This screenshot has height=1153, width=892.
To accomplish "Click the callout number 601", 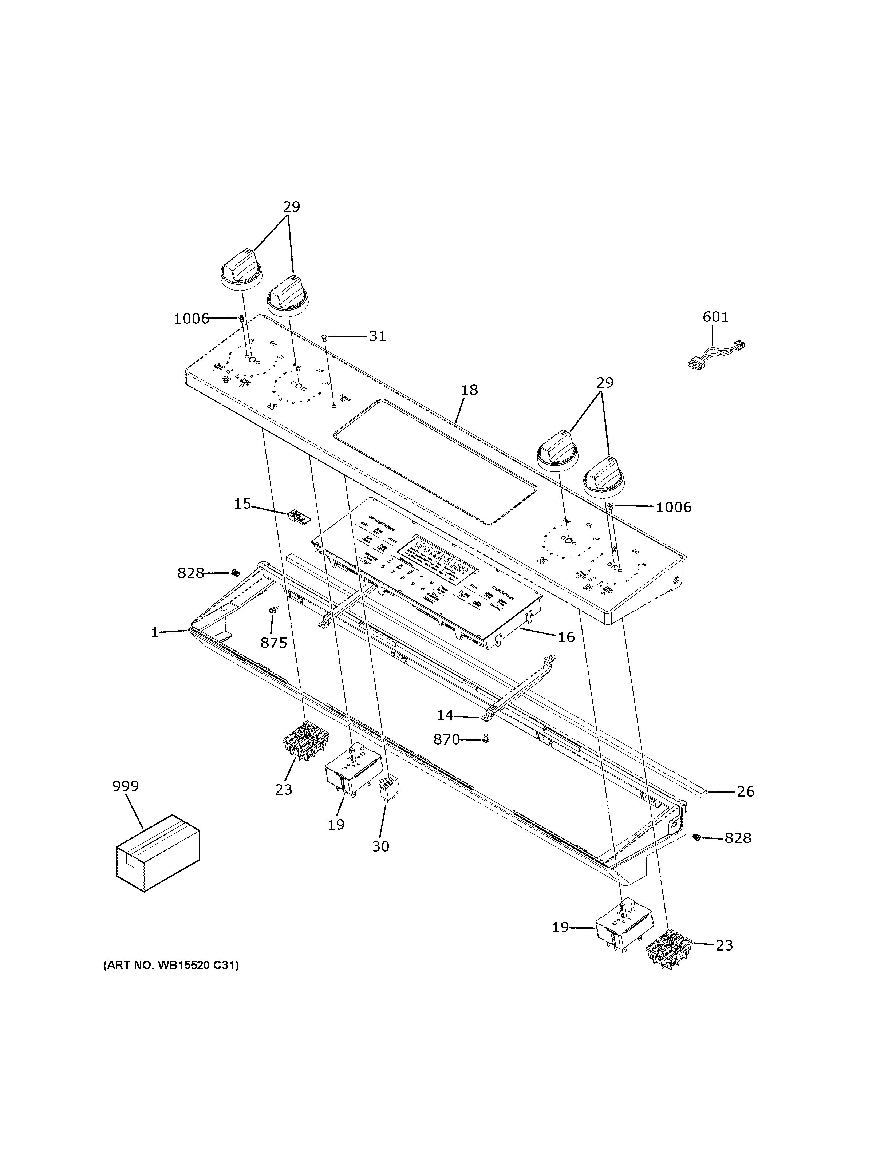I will tap(715, 317).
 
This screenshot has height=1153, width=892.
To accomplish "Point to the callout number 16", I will tap(566, 637).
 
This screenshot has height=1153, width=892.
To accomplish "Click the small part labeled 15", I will tap(298, 516).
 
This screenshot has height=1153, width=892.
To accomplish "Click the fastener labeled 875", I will tap(273, 610).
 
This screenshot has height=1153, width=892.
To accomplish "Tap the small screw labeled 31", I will tap(325, 337).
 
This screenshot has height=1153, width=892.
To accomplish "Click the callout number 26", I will tap(745, 806).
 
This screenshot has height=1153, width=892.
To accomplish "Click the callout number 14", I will tap(445, 715).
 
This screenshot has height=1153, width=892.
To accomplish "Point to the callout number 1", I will tap(155, 632).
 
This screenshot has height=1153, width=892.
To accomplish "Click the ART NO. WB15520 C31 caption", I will tap(170, 966).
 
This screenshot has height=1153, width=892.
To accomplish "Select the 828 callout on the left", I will tap(190, 573).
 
